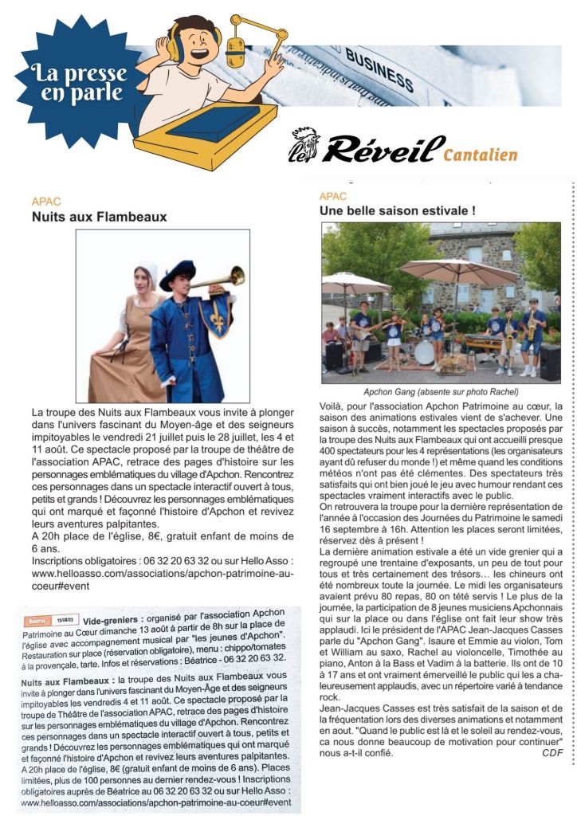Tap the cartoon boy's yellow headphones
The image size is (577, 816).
pos(173,40)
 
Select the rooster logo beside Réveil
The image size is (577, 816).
pos(302,146)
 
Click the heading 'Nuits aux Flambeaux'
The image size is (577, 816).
pos(99,216)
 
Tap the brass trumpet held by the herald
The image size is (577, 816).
pos(219,279)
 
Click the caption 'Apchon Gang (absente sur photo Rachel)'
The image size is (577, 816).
pos(440,392)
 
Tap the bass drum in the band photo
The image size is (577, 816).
pos(424,352)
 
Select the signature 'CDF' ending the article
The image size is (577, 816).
pos(552,752)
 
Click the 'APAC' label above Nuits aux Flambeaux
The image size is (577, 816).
pos(46,202)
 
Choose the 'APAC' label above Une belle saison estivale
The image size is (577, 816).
pos(333,196)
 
